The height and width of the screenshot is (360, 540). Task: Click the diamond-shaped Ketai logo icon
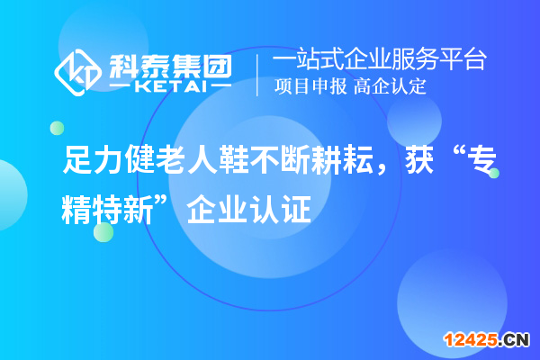click(77, 72)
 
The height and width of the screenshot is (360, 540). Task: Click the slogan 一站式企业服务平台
click(379, 60)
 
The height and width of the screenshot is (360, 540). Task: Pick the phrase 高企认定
click(390, 86)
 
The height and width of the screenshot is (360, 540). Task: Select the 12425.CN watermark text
click(487, 339)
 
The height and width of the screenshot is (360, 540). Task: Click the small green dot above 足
click(57, 128)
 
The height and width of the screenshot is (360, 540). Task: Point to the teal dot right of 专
click(493, 174)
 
